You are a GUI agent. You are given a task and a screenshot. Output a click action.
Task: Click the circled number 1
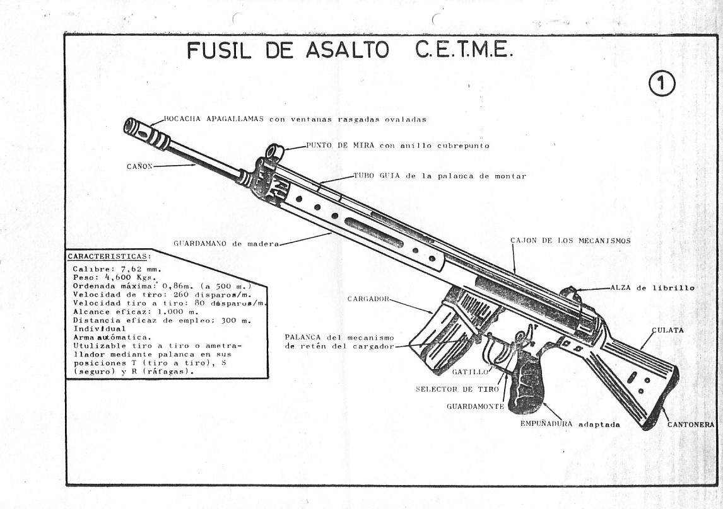point(661,84)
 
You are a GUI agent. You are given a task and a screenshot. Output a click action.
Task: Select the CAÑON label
point(138,166)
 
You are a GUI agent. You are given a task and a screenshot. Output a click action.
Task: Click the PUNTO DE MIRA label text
point(338,146)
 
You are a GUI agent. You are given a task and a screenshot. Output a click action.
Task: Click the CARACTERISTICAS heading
point(109,256)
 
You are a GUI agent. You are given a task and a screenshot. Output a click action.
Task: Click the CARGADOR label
point(367,299)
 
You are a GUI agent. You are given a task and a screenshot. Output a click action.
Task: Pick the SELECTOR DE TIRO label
point(456,389)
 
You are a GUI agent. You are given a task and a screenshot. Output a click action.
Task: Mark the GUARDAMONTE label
point(475,406)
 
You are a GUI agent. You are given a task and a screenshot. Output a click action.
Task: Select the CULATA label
point(667,330)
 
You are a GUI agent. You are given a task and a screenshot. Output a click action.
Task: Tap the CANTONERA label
point(690,425)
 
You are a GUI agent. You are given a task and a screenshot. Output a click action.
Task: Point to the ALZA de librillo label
point(652,288)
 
